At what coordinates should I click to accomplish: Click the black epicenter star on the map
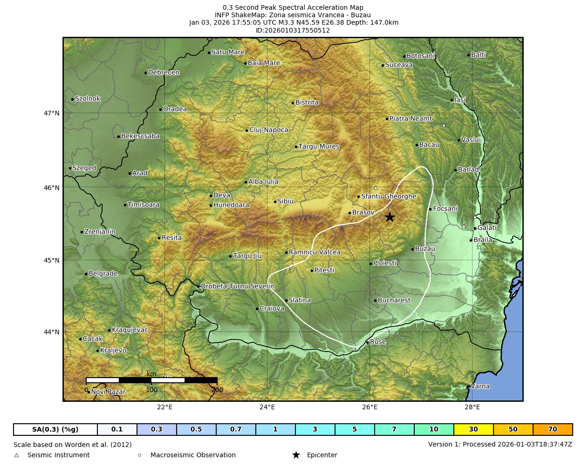coord(390,217)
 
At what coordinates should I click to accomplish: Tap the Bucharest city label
coord(394,300)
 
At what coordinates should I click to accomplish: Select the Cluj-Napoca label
coord(268,130)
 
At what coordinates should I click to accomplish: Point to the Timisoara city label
coord(143,205)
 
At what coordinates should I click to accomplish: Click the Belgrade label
coord(103,274)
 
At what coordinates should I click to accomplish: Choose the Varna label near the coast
coord(480,386)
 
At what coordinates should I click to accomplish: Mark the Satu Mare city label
coord(228,53)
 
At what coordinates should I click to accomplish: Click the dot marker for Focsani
coord(430,209)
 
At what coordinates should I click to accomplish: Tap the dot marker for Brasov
coord(349,213)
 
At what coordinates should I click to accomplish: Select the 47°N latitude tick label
coord(52,113)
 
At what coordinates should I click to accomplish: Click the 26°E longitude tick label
coord(370,407)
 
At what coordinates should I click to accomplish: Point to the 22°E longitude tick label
coord(164,407)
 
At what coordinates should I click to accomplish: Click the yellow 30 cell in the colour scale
coord(473,429)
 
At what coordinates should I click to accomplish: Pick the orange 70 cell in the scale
coord(552,429)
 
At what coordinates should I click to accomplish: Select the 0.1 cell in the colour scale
coord(117,429)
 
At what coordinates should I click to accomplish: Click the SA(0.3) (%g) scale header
coord(55,429)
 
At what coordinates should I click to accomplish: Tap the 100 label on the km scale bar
coord(151,390)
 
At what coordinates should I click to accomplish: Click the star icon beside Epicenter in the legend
coord(296,455)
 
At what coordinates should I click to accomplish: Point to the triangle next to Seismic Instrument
coord(17,455)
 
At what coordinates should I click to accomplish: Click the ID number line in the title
coord(293,31)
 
